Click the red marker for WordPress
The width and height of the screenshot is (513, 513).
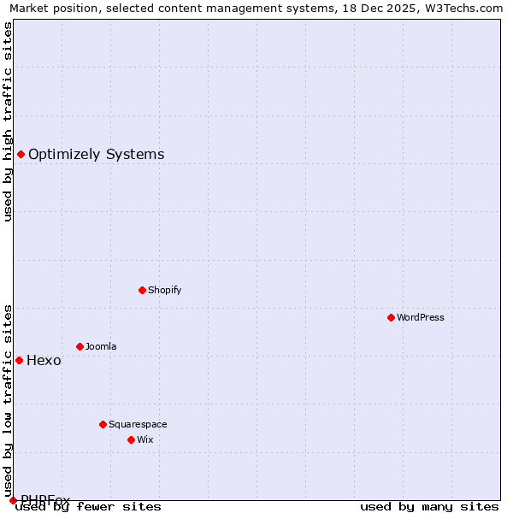pyautogui.click(x=391, y=317)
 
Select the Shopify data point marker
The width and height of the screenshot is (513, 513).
pyautogui.click(x=142, y=290)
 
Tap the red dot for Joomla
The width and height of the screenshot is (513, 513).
pyautogui.click(x=80, y=346)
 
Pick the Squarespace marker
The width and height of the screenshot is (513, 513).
pyautogui.click(x=103, y=424)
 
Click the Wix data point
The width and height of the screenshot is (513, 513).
pyautogui.click(x=131, y=439)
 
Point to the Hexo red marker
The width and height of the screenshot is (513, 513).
pyautogui.click(x=19, y=360)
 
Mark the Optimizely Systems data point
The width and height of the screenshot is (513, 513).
pyautogui.click(x=21, y=154)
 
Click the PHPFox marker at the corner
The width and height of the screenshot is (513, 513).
pyautogui.click(x=13, y=500)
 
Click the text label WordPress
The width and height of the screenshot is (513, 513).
pyautogui.click(x=421, y=317)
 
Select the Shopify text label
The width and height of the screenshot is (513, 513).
pyautogui.click(x=165, y=290)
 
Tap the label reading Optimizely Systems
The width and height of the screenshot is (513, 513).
pyautogui.click(x=97, y=154)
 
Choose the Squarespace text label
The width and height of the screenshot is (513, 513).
pyautogui.click(x=138, y=424)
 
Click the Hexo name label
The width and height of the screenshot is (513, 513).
pyautogui.click(x=44, y=360)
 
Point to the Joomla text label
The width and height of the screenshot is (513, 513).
pyautogui.click(x=101, y=346)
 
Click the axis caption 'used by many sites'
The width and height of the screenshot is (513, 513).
pyautogui.click(x=429, y=506)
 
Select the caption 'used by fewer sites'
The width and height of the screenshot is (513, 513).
pyautogui.click(x=88, y=506)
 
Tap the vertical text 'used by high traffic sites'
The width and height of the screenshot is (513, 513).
pyautogui.click(x=8, y=121)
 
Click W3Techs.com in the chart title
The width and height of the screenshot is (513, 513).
pyautogui.click(x=463, y=9)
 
